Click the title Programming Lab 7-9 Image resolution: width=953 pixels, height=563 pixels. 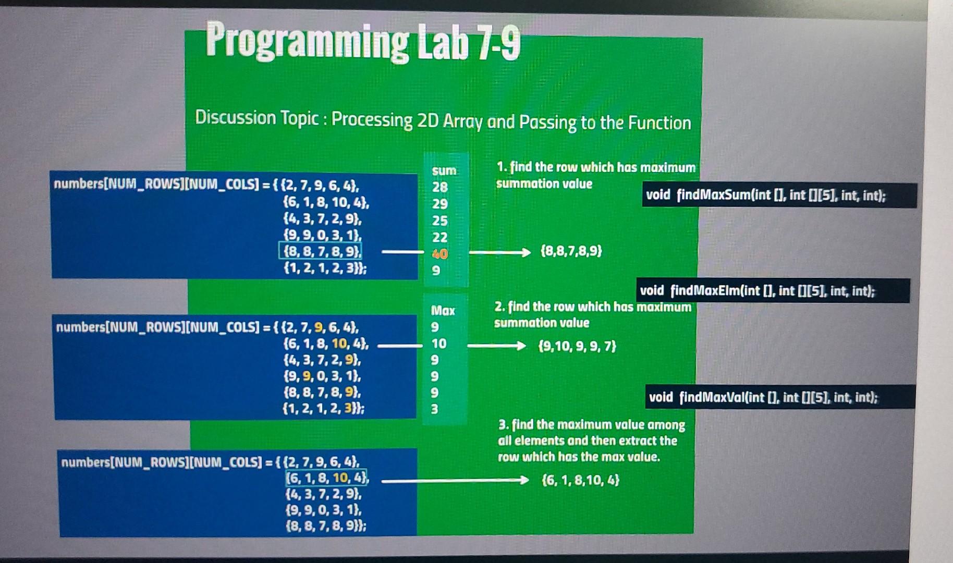point(363,42)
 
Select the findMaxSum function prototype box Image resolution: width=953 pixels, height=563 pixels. point(779,195)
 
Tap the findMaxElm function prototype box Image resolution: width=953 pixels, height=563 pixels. point(773,291)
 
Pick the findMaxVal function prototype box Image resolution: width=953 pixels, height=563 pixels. point(779,397)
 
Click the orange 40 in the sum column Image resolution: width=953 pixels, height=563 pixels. point(440,254)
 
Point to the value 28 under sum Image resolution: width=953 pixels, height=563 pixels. point(440,187)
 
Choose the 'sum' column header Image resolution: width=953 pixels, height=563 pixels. point(444,170)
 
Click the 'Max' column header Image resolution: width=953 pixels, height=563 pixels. point(443,311)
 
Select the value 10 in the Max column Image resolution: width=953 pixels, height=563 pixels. point(438,344)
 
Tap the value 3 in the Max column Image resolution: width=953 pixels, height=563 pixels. point(434,409)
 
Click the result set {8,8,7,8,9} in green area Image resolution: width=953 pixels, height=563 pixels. point(571,251)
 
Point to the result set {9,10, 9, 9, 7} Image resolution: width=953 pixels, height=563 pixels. point(577,346)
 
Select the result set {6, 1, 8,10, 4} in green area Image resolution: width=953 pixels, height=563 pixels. point(581,480)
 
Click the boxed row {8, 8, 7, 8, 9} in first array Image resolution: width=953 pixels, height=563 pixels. point(321,251)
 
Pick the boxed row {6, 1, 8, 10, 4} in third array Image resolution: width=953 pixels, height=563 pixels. point(326,478)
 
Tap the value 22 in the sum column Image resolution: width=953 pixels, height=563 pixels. point(440,237)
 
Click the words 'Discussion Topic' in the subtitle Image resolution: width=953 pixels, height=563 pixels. point(256,118)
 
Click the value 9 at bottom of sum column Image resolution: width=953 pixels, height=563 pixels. point(436,271)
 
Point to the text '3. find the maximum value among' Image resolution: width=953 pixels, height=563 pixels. point(592,425)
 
